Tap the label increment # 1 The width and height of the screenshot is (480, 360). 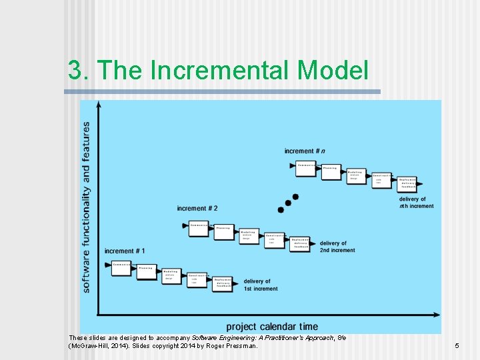click(x=125, y=251)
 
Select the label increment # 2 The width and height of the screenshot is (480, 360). click(x=197, y=209)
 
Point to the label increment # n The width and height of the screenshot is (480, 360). click(x=305, y=151)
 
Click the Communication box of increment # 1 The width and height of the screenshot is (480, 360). click(x=122, y=265)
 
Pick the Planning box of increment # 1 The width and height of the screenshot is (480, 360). click(x=147, y=270)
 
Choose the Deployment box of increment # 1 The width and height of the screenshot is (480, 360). click(x=223, y=283)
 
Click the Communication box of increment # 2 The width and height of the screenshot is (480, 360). click(x=199, y=226)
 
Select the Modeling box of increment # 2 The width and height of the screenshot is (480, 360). click(x=249, y=235)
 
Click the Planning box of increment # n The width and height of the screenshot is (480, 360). click(x=330, y=170)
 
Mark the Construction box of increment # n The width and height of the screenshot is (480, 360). click(x=381, y=179)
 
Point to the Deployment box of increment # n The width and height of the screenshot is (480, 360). click(x=407, y=183)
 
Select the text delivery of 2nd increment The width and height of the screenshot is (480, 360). click(x=337, y=247)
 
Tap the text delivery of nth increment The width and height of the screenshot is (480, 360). click(x=416, y=203)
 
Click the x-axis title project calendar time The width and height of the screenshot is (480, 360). click(x=272, y=327)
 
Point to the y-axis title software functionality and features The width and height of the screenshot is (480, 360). click(x=86, y=207)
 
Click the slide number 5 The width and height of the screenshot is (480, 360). click(x=457, y=346)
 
